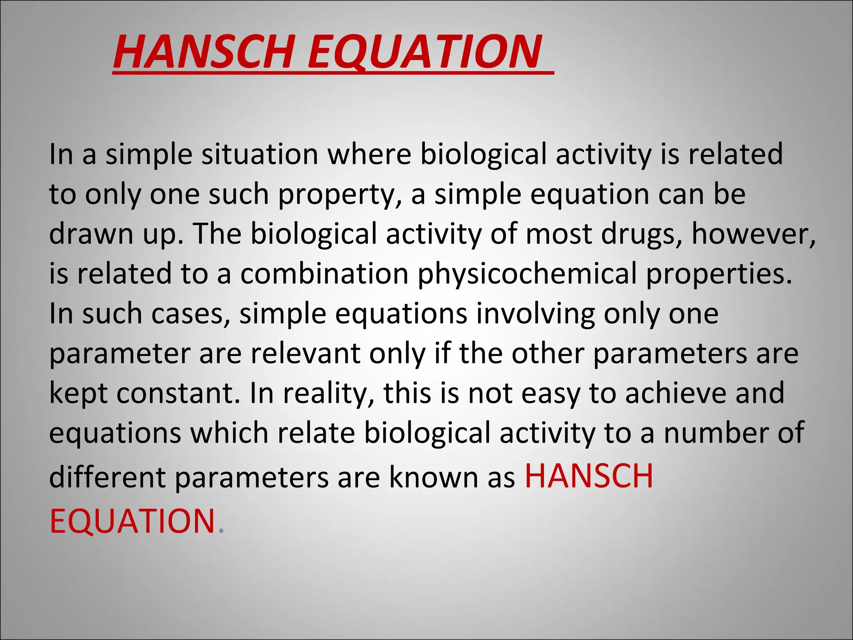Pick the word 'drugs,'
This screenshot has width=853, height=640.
pyautogui.click(x=641, y=234)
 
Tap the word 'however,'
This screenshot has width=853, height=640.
pyautogui.click(x=753, y=234)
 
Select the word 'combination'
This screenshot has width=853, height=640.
pyautogui.click(x=324, y=274)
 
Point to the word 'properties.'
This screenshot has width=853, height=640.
pyautogui.click(x=719, y=274)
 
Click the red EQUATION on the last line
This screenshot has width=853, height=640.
pyautogui.click(x=132, y=521)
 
